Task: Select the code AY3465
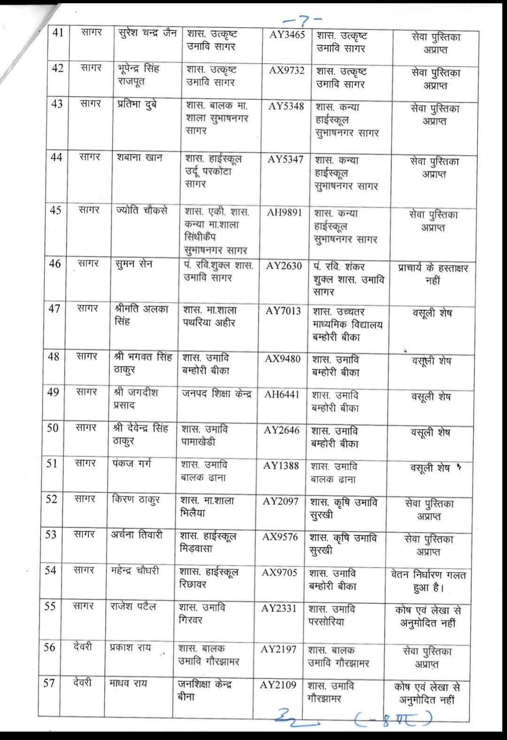point(287,35)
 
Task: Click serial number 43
point(57,104)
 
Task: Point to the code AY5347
point(285,159)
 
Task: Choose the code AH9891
point(284,212)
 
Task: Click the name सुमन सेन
point(134,265)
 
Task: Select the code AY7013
point(283,311)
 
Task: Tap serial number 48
point(54,357)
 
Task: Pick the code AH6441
point(282,395)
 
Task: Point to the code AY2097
point(280,501)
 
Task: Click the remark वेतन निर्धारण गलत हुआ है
point(428,581)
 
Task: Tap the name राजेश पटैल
point(133,607)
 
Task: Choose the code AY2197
point(279,649)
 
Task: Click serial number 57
point(49,683)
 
